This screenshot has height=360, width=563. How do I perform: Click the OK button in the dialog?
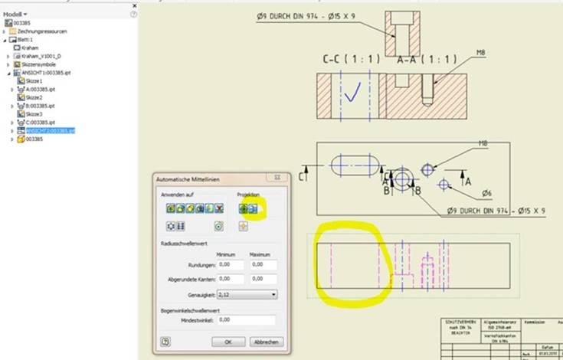click(x=228, y=342)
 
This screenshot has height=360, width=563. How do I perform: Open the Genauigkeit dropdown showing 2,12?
click(x=247, y=293)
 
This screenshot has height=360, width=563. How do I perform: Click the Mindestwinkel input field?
click(x=247, y=320)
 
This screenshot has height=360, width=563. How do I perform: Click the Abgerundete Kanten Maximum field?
click(x=263, y=279)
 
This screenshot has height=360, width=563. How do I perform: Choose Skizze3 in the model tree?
click(x=34, y=114)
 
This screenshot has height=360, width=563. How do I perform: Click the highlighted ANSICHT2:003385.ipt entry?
click(x=50, y=131)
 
